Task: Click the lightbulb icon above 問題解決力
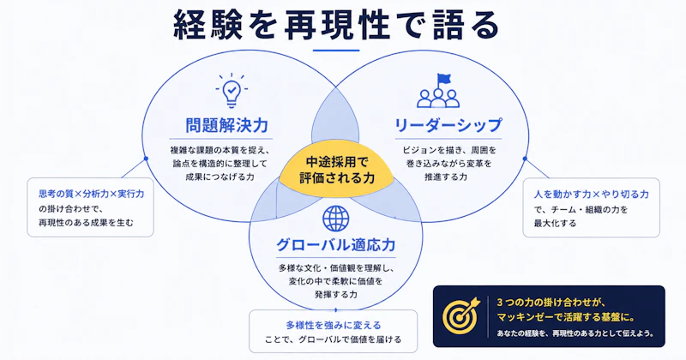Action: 232,91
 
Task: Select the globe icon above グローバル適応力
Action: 335,219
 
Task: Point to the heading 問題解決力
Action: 226,125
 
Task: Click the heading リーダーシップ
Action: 448,125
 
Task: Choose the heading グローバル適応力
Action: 335,244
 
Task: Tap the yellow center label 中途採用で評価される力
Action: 337,171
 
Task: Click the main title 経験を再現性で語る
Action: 336,26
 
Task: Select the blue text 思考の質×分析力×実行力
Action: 92,194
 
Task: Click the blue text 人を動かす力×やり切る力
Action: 591,195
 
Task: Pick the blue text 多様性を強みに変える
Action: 334,326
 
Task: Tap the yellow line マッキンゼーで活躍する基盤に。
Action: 566,316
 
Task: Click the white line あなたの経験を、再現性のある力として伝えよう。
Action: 575,333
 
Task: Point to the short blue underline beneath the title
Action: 336,51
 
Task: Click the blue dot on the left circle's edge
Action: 146,159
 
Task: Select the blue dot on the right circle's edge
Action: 525,159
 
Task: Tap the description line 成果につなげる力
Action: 220,177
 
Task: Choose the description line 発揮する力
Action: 335,294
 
